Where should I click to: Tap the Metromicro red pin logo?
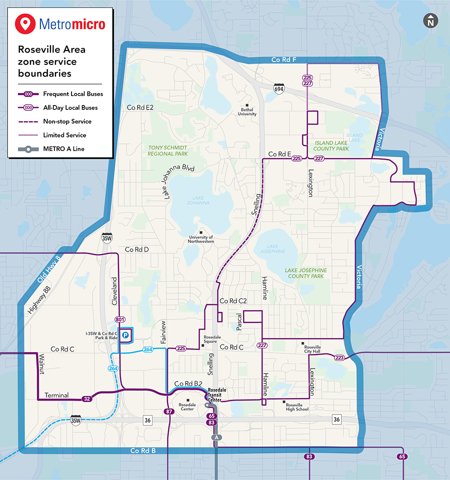click(x=25, y=23)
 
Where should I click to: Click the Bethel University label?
click(x=248, y=111)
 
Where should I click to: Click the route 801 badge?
click(x=119, y=319)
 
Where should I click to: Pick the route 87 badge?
click(x=168, y=411)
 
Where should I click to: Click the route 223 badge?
click(x=339, y=357)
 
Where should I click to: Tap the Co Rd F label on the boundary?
click(x=284, y=60)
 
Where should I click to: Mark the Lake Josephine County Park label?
click(x=306, y=273)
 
